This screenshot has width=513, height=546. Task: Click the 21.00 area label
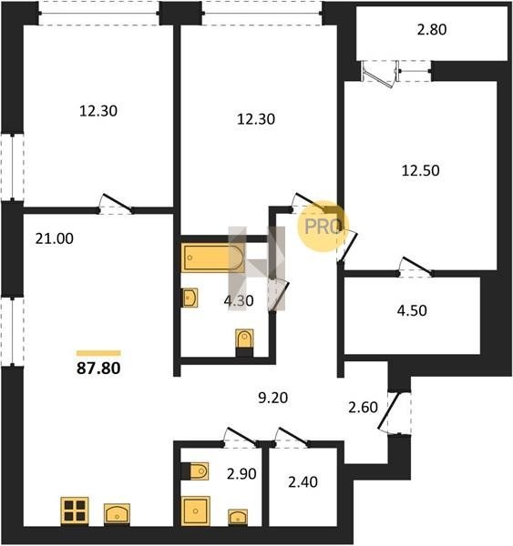tap(55, 238)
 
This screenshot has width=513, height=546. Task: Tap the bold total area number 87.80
tap(98, 369)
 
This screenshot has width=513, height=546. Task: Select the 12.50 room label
tap(421, 171)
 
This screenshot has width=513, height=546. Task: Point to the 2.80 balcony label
tap(432, 30)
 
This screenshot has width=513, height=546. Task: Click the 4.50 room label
tap(412, 310)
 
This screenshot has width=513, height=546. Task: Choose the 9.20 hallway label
tap(273, 398)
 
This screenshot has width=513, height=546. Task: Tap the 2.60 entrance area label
tap(363, 407)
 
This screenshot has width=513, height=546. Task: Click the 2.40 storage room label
tap(303, 482)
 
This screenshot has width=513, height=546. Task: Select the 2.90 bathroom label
tap(241, 474)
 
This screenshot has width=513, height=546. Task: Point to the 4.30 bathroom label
tap(239, 301)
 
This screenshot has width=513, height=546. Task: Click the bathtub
tap(212, 258)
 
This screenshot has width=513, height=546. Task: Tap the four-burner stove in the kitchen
tap(75, 511)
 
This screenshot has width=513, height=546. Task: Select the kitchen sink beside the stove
tap(118, 514)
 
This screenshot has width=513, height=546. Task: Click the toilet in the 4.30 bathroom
tap(244, 342)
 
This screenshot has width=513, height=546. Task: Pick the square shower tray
tap(195, 511)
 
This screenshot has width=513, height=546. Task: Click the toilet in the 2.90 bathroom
tap(195, 471)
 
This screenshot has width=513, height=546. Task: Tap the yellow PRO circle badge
tap(323, 226)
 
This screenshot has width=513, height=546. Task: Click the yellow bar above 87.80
tap(98, 353)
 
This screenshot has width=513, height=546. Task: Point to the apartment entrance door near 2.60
tap(388, 411)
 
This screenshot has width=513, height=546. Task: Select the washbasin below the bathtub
tap(190, 298)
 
